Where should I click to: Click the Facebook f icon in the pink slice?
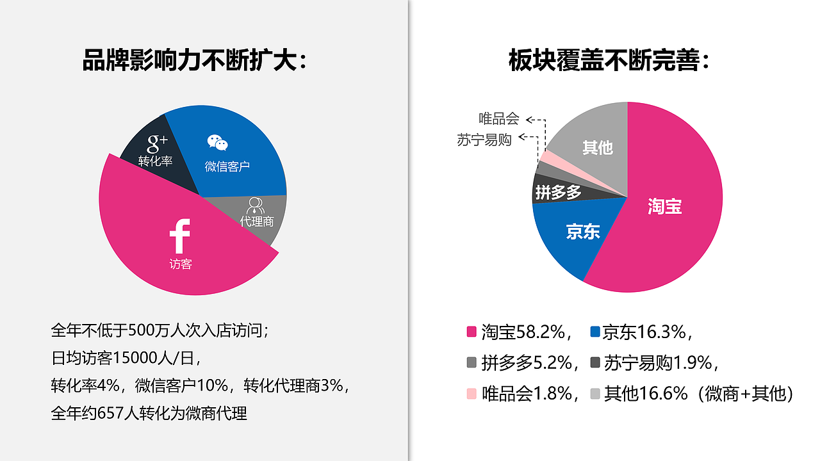tap(180, 236)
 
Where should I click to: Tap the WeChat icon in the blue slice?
tap(217, 143)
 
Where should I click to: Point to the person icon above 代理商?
tap(256, 205)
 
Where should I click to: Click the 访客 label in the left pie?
tap(181, 264)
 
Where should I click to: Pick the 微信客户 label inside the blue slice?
tap(227, 166)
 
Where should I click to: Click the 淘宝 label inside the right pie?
tap(664, 206)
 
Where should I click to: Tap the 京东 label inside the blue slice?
tap(582, 232)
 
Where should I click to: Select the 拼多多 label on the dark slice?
tap(558, 192)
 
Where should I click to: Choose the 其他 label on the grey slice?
tap(597, 148)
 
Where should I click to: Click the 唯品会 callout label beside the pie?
tap(498, 119)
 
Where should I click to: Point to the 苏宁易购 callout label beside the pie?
tap(484, 140)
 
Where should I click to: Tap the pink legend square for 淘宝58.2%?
tap(471, 332)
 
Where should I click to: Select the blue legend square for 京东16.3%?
tap(595, 332)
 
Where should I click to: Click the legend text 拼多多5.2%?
tap(526, 363)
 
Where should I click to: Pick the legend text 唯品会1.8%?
tap(526, 393)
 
